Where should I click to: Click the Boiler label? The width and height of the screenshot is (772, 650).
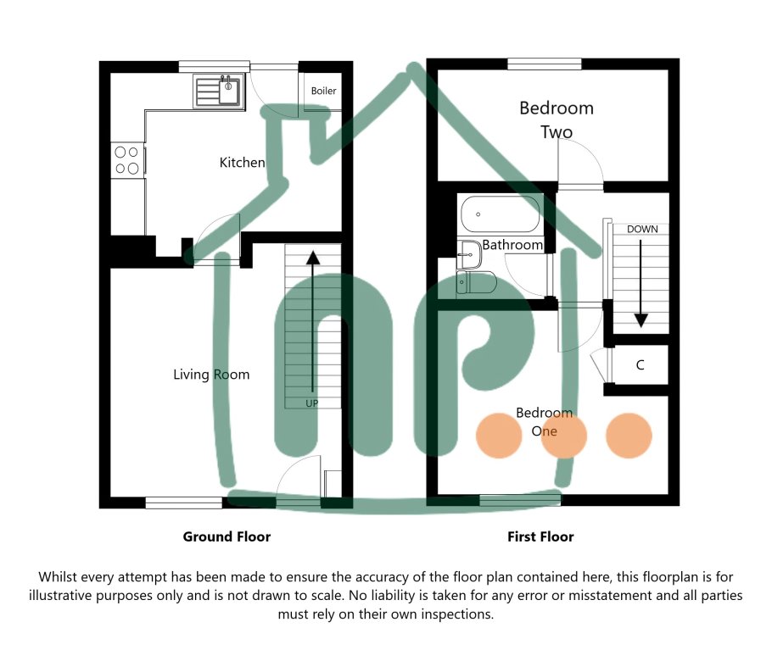(323, 91)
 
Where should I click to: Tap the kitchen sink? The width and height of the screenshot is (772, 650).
(219, 90)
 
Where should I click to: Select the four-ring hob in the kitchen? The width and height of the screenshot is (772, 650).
(126, 160)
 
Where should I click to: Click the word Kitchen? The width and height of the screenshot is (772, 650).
(242, 162)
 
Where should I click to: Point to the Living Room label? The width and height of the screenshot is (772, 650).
(211, 374)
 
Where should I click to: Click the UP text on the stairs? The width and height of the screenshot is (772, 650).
(312, 403)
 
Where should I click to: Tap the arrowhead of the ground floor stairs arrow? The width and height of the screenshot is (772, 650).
(312, 257)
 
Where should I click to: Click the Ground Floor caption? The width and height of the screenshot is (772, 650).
(227, 536)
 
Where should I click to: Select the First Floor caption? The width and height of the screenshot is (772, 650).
(540, 536)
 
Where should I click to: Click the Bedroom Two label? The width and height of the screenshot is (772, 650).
(557, 119)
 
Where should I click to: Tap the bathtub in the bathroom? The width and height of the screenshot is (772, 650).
(501, 214)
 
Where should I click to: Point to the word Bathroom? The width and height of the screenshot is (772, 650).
(512, 245)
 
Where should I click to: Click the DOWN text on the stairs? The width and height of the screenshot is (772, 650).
(641, 229)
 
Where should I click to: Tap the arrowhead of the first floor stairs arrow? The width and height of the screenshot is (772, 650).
(641, 320)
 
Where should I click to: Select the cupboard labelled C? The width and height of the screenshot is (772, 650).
(641, 365)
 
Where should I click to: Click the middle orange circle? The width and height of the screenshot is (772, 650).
(563, 436)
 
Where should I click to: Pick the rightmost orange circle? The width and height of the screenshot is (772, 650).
(629, 436)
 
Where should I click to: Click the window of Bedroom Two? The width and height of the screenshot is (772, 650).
(545, 64)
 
